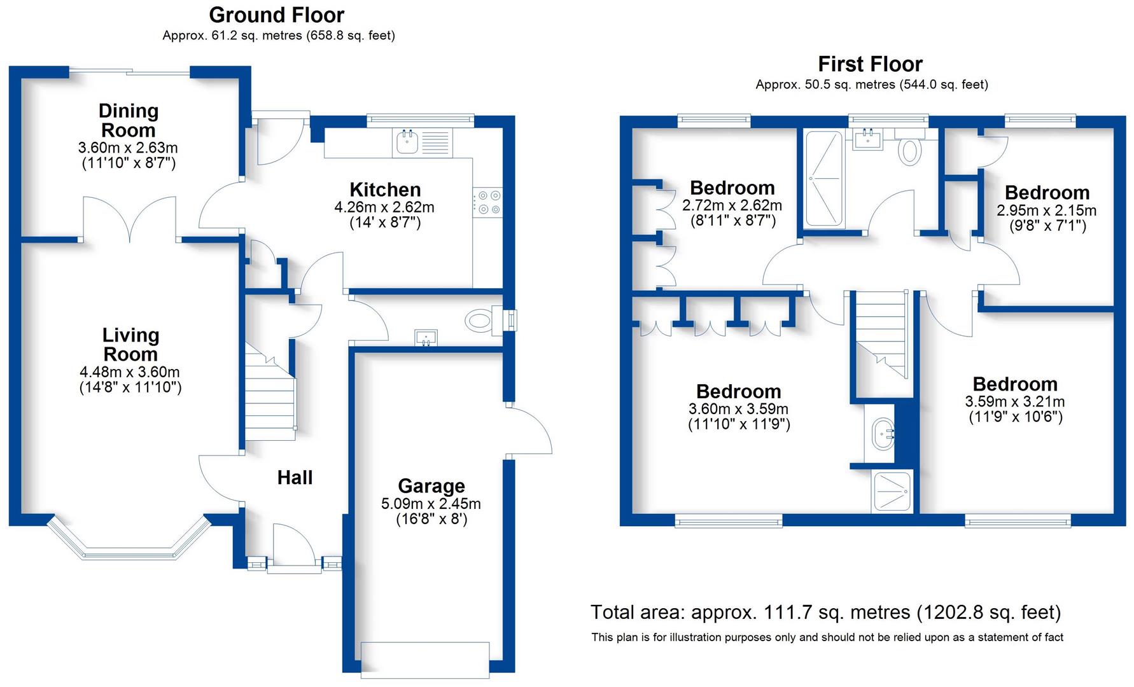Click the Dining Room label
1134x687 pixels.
[x=128, y=120]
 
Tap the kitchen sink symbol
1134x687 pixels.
[x=407, y=142]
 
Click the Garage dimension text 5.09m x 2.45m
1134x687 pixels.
[x=431, y=504]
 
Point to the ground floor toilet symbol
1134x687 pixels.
[x=480, y=320]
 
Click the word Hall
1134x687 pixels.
[x=295, y=478]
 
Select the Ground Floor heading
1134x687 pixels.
[x=276, y=15]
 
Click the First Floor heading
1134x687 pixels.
[x=869, y=64]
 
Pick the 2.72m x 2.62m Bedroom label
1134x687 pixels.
[x=732, y=188]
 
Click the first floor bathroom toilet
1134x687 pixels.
[x=911, y=151]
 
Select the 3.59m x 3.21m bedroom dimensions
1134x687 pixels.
[x=1014, y=402]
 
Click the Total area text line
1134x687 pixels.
[x=825, y=613]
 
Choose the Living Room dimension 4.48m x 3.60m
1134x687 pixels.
[x=130, y=372]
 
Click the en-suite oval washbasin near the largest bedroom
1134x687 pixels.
[x=883, y=434]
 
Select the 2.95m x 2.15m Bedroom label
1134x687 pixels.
[x=1047, y=193]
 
